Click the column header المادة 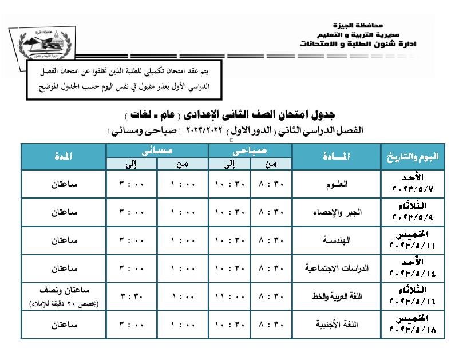coord(337,157)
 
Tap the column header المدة coord(64,157)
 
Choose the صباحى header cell coord(250,150)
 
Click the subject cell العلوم coord(337,184)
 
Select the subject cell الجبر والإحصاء coord(337,212)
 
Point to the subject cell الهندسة coord(337,240)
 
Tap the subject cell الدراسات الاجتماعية coord(337,268)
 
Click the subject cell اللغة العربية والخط coord(337,296)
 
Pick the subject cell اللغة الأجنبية coord(337,325)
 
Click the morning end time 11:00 coord(229,296)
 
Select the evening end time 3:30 coord(132,296)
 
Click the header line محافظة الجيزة coord(356,26)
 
